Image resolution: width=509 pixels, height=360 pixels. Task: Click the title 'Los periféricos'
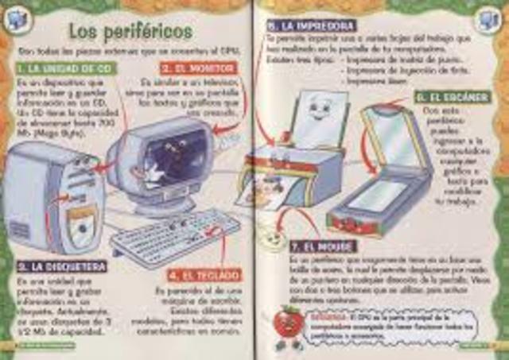[130, 31]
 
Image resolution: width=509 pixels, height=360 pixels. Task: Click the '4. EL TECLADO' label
[204, 275]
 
